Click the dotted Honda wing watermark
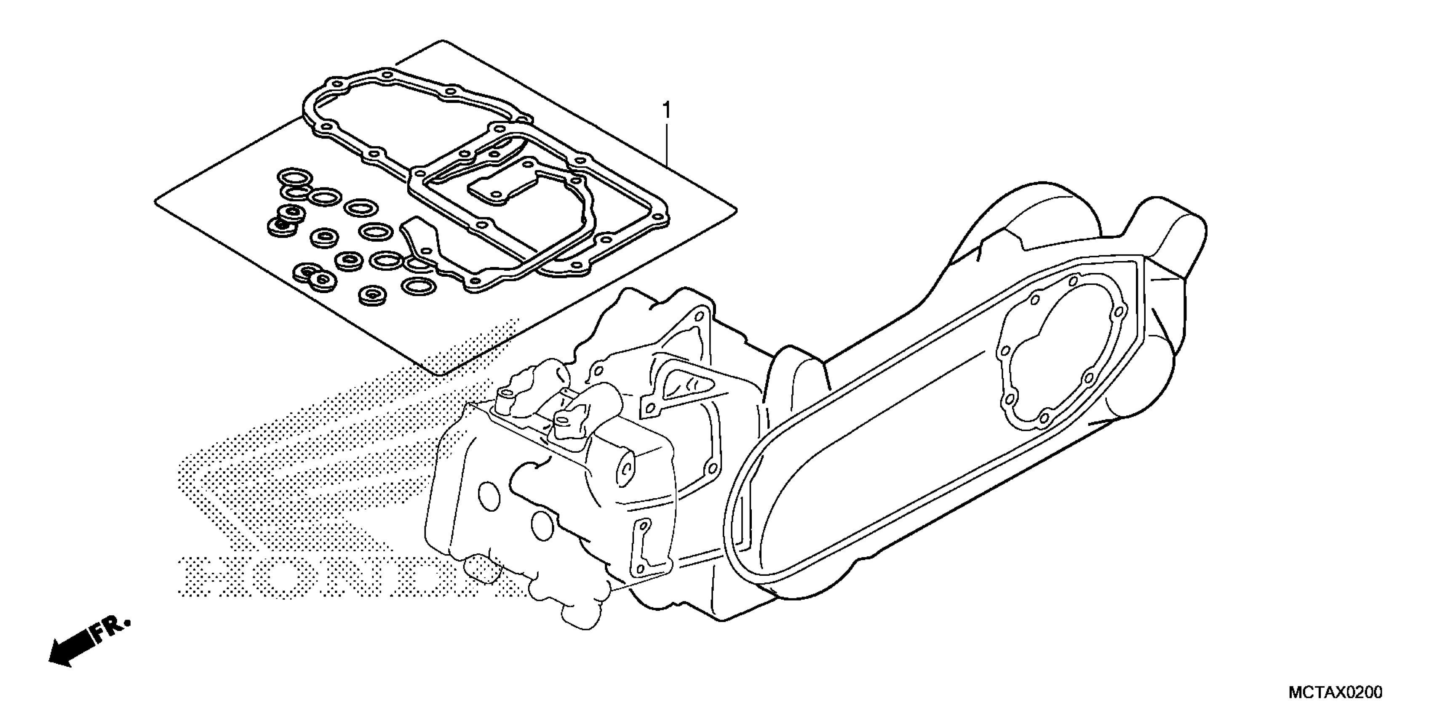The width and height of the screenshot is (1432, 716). coord(334,445)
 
